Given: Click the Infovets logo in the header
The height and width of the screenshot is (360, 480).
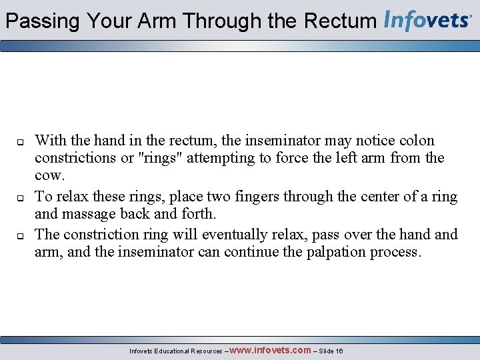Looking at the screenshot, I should coord(428,21).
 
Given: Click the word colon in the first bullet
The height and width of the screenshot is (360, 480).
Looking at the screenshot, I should coord(417,141).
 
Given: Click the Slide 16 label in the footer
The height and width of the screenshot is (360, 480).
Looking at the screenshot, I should coord(331,351).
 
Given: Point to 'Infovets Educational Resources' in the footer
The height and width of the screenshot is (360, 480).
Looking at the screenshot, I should coord(175,351).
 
